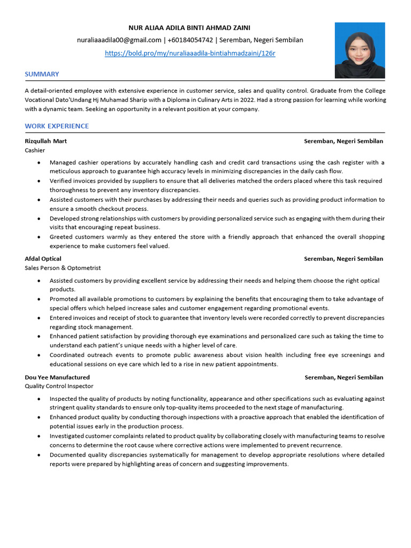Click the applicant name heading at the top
tap(190, 27)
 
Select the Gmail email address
tap(119, 40)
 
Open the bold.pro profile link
tap(190, 54)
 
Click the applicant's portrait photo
tap(360, 50)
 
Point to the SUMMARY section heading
tap(42, 74)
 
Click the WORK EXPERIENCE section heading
tap(57, 126)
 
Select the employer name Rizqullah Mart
tap(45, 141)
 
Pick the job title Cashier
tap(35, 150)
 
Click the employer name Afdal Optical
tap(43, 258)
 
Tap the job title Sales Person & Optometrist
tap(63, 268)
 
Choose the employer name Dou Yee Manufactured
tap(57, 377)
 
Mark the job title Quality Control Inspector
tap(59, 386)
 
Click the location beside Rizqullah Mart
tap(344, 141)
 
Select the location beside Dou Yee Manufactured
tap(344, 377)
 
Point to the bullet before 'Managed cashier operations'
tap(39, 162)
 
